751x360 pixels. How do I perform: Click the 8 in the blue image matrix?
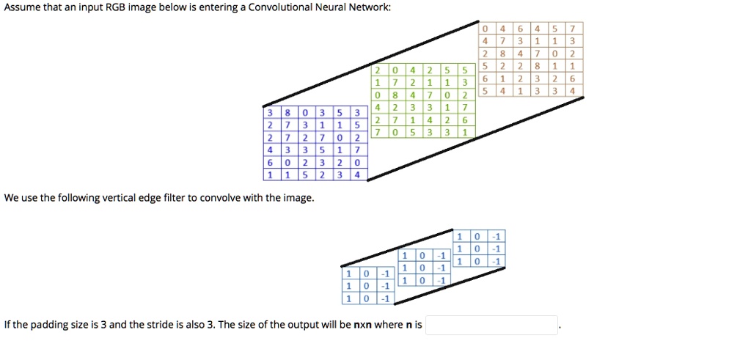(287, 113)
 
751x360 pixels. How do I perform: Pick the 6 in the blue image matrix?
(270, 163)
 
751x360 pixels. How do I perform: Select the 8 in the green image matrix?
(395, 95)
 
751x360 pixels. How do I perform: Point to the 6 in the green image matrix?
(464, 120)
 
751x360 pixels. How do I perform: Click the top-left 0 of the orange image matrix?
(486, 29)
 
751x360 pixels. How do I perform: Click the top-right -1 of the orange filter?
(497, 236)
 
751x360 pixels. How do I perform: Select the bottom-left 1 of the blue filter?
(348, 298)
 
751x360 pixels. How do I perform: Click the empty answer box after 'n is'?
(491, 325)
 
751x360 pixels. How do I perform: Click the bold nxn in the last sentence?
(362, 325)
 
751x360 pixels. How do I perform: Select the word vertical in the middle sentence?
(109, 198)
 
